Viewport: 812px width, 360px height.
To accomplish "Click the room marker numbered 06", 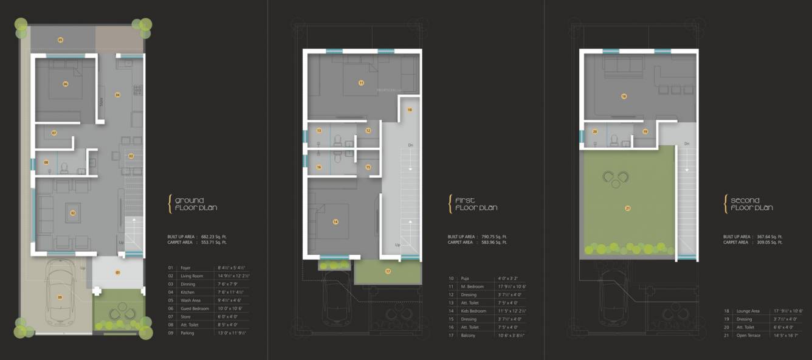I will click(65, 84).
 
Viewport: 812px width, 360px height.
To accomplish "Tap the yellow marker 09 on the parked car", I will click(60, 297).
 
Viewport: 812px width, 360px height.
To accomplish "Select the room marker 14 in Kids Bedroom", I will click(335, 222).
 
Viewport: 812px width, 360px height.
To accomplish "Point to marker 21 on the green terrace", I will click(627, 208).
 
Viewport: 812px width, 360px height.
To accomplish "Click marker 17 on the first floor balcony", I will click(387, 271).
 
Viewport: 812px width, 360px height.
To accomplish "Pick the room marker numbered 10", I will click(410, 110).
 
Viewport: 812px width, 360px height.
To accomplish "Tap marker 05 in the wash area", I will click(60, 40).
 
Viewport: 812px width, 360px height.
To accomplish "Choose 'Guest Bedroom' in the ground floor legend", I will click(194, 309).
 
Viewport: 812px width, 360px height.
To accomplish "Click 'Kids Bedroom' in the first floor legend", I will click(474, 311).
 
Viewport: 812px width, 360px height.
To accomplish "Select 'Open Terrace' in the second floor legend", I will click(747, 335).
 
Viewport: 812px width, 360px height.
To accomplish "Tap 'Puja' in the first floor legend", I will click(464, 278).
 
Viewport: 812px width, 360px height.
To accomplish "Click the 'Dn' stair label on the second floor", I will click(687, 144).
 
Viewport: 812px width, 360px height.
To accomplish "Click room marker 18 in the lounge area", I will click(624, 96).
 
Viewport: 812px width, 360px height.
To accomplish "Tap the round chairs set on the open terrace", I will click(616, 178).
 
